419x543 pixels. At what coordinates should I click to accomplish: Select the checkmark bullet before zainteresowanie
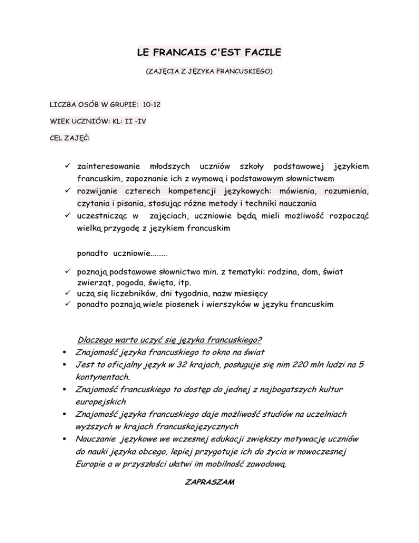(68, 166)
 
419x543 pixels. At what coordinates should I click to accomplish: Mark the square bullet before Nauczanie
(65, 439)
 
